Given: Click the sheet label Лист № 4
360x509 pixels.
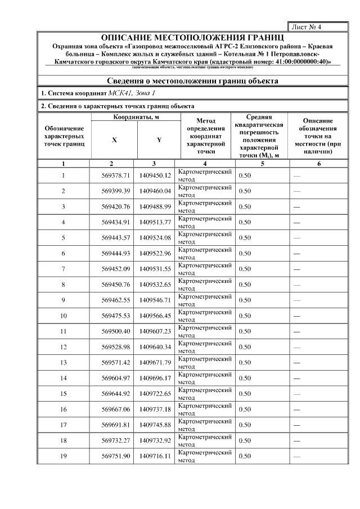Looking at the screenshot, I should [305, 26].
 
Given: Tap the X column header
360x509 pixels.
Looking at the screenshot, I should [114, 140].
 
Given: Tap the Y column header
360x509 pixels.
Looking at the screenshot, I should [159, 140].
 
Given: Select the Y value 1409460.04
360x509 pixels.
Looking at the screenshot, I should [155, 191].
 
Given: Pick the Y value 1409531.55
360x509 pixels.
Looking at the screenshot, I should [155, 269].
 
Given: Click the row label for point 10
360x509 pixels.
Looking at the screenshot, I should [64, 316].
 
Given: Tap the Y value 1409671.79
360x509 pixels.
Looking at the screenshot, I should [155, 363].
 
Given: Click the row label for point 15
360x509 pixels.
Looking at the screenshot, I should [64, 394].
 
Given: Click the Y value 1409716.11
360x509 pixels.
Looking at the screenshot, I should [155, 456].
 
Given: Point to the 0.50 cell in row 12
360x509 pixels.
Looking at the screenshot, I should [245, 347].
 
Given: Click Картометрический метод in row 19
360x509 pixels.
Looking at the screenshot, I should [205, 456].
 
